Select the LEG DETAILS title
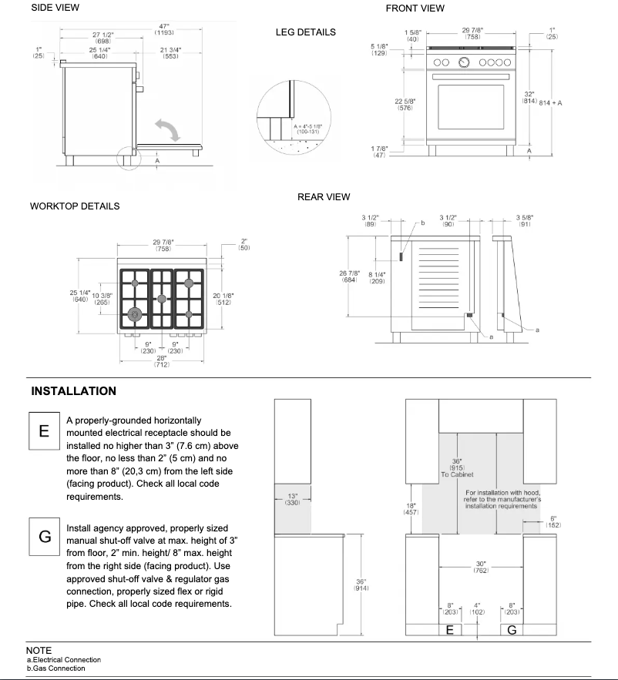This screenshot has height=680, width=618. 305,32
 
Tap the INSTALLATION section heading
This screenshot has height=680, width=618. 74,391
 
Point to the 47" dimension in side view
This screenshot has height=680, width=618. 163,29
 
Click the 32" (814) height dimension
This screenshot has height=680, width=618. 530,97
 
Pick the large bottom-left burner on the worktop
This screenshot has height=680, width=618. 136,313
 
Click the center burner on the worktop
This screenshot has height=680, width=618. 162,299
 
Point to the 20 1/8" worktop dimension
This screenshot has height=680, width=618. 222,299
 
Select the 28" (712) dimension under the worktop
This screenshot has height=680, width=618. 163,362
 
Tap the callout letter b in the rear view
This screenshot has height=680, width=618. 422,223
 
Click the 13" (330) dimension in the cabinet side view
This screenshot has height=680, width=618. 292,499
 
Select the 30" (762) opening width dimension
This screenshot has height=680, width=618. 480,568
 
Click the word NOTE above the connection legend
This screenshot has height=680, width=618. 39,651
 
